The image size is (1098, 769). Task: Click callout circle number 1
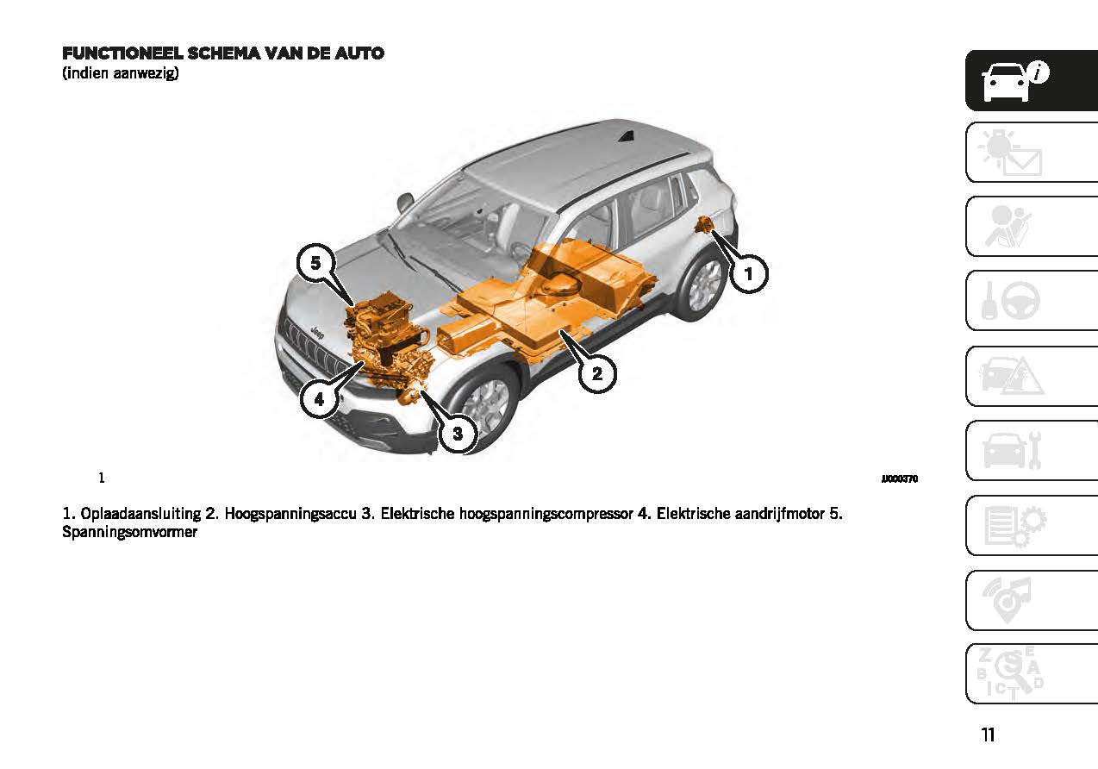[748, 273]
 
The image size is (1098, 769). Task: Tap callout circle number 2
[597, 373]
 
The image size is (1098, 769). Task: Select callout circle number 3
[458, 434]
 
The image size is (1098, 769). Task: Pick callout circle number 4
[319, 399]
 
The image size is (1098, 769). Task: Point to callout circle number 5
[315, 263]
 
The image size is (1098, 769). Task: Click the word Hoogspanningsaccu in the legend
[290, 514]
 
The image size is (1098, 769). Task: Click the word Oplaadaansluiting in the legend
[140, 514]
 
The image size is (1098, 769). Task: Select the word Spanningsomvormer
[129, 532]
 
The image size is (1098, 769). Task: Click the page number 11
[989, 735]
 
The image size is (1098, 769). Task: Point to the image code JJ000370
[900, 478]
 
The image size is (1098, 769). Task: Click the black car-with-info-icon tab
[1032, 80]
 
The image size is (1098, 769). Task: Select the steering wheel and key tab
[1032, 300]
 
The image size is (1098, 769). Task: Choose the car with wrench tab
[1032, 450]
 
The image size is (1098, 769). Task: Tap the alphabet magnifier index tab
[1032, 674]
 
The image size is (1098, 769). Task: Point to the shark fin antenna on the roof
[626, 136]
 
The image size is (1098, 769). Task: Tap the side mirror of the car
[404, 202]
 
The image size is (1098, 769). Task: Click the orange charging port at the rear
[704, 225]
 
